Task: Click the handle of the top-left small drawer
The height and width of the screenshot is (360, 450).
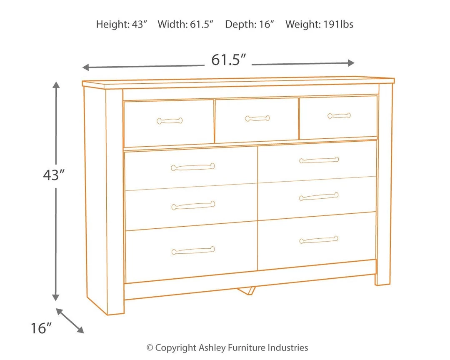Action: point(170,121)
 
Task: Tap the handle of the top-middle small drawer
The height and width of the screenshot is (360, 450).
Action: point(257,118)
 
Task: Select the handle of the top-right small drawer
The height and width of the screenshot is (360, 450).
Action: point(339,115)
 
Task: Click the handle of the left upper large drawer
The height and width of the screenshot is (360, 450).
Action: point(192,167)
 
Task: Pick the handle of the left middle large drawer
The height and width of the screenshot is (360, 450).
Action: point(193,205)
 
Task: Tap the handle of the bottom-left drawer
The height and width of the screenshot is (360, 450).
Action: point(193,250)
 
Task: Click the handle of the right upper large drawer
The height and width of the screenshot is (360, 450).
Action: point(319,160)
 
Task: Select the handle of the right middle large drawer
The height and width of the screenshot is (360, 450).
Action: point(319,196)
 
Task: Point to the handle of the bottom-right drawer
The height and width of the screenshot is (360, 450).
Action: point(319,240)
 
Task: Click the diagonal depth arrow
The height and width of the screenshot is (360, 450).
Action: point(70,320)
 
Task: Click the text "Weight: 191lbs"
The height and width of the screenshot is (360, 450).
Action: point(319,25)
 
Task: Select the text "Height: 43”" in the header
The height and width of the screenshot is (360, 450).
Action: point(122,25)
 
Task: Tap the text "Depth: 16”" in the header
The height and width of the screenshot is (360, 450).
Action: point(250,25)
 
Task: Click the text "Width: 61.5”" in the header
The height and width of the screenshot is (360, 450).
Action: point(185,25)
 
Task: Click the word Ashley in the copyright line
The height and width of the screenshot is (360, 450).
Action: point(212,347)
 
